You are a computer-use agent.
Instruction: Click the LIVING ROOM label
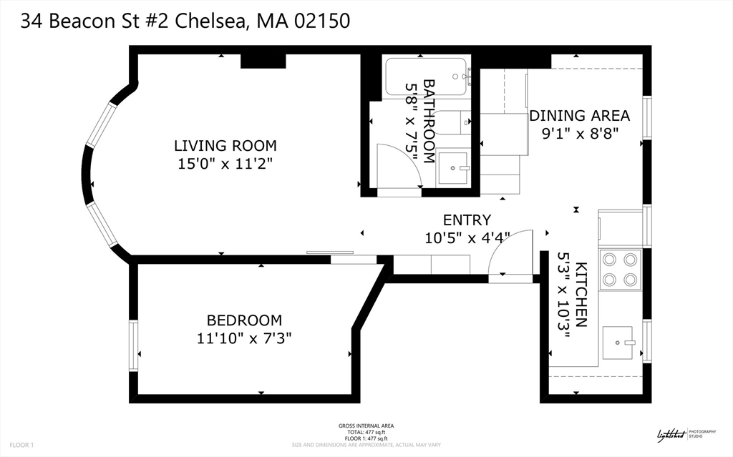pos(225,146)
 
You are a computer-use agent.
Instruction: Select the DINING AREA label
pos(579,116)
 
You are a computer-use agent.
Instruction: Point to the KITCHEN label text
pos(581,295)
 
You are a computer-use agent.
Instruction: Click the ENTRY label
pos(467,220)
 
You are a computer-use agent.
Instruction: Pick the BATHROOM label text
pos(429,121)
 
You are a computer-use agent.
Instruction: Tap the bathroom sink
pos(452,168)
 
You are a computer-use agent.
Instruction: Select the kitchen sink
pos(619,343)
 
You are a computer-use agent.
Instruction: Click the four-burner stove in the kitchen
pos(620,269)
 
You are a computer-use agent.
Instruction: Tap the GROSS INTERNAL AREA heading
pos(366,426)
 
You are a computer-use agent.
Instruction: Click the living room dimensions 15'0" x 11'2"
pos(225,164)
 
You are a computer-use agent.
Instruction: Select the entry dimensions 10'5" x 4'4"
pos(467,238)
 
